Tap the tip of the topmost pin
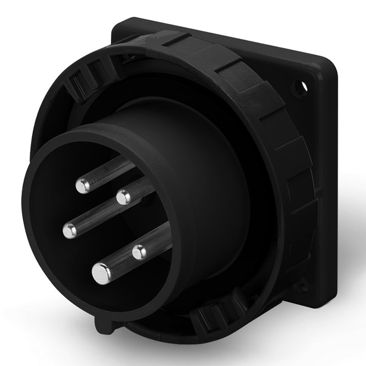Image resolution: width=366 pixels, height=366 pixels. (x=82, y=185)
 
